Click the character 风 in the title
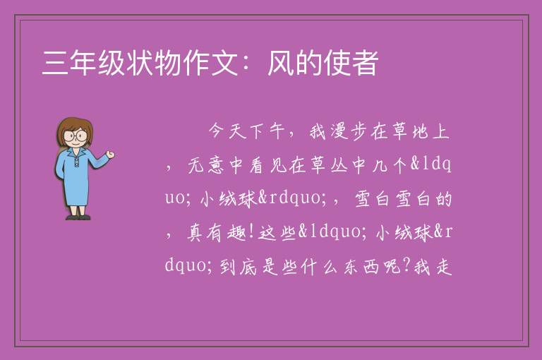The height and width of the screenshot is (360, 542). (282, 63)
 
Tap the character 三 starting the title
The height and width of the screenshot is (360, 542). (55, 63)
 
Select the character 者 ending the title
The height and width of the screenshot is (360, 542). (366, 63)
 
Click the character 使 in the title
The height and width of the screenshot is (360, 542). (337, 63)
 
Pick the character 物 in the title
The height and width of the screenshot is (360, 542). (168, 63)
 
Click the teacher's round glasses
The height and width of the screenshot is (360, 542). (75, 136)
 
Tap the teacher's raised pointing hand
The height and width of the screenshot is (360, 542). (110, 155)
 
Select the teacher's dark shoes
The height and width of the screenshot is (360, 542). (78, 217)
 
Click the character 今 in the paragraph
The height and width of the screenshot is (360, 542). (217, 131)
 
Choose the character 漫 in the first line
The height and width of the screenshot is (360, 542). (339, 131)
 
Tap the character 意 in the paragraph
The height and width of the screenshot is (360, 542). (216, 165)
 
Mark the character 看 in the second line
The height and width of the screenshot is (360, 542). (257, 165)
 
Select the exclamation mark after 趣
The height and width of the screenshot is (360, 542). (251, 232)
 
